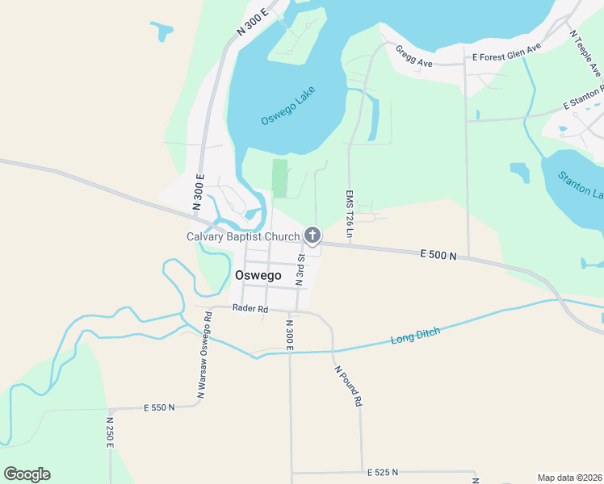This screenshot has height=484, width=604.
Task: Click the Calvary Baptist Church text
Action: pyautogui.click(x=243, y=236)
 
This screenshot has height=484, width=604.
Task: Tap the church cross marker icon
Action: pyautogui.click(x=312, y=236)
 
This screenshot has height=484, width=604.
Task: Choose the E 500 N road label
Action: pyautogui.click(x=438, y=255)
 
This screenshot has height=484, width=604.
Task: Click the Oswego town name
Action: pyautogui.click(x=258, y=275)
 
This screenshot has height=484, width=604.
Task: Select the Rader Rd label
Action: pyautogui.click(x=249, y=308)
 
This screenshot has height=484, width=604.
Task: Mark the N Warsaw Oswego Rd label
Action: pyautogui.click(x=204, y=355)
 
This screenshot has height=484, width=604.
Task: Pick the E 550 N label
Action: pyautogui.click(x=159, y=408)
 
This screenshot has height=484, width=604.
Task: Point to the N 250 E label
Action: pyautogui.click(x=110, y=432)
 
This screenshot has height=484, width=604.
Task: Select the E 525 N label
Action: pyautogui.click(x=384, y=472)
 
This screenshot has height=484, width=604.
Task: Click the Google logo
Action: pyautogui.click(x=27, y=474)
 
